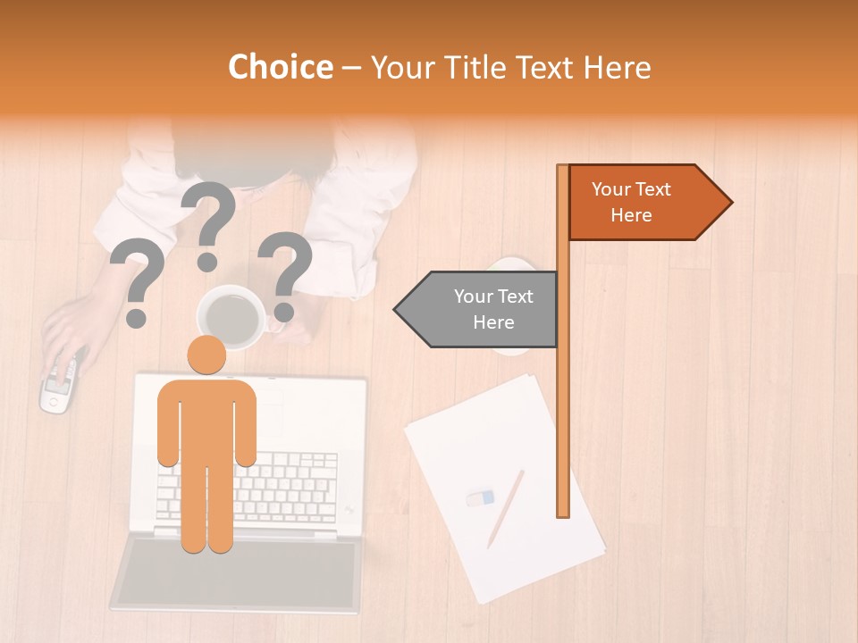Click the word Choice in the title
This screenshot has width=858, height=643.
(280, 68)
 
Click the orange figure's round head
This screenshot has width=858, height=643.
(206, 355)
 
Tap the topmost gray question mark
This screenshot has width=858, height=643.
(209, 224)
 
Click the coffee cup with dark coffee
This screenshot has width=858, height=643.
(231, 317)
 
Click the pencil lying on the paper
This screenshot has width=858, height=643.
(505, 508)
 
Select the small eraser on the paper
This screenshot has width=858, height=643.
(480, 497)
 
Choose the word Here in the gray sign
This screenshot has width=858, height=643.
(493, 322)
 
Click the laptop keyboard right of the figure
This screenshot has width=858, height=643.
(295, 487)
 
